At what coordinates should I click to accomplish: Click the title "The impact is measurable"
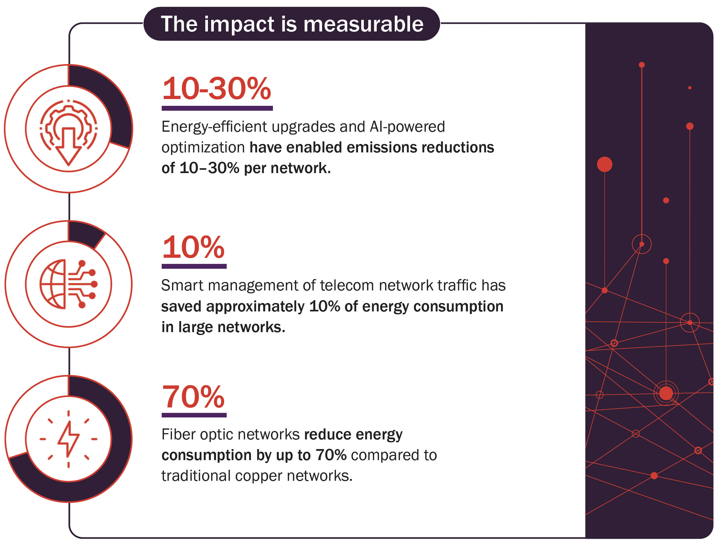(x=292, y=24)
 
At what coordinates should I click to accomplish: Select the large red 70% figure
(x=194, y=396)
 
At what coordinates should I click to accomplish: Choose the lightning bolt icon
(x=68, y=439)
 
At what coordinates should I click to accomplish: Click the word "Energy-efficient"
(x=214, y=127)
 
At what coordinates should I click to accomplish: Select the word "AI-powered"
(x=407, y=127)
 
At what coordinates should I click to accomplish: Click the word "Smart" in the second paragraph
(x=182, y=285)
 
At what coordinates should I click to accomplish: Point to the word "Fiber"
(x=178, y=434)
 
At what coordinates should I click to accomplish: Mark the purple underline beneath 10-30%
(x=217, y=108)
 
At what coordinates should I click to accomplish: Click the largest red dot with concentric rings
(x=666, y=393)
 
